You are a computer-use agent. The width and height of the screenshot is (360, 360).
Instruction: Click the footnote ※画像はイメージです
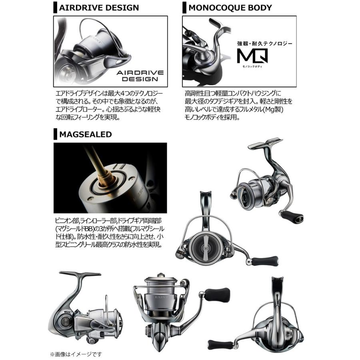[x=76, y=354]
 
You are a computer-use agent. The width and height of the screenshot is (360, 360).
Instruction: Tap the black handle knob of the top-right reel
[x=290, y=218]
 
